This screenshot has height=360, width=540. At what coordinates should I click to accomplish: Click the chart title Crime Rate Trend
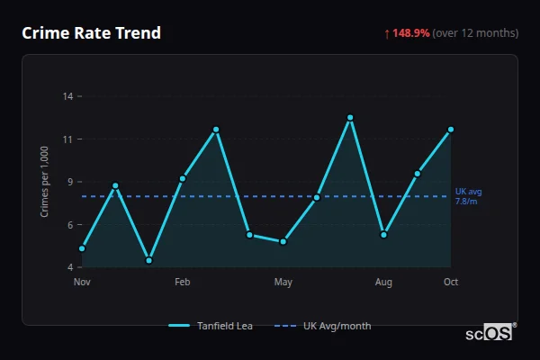(91, 33)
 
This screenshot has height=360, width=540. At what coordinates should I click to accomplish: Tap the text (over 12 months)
(475, 33)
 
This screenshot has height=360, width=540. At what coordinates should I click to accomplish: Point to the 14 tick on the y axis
(68, 96)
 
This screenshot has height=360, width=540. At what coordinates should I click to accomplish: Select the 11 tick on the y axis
(68, 139)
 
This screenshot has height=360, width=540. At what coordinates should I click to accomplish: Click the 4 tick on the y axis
(70, 267)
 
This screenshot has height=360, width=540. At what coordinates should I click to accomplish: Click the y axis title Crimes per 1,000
(45, 181)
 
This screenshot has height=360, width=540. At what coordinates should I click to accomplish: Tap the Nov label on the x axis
(82, 283)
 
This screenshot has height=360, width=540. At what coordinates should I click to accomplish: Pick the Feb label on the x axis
(183, 283)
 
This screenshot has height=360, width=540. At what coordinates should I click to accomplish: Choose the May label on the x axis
(283, 283)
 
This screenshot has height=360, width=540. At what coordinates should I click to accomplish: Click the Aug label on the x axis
(383, 283)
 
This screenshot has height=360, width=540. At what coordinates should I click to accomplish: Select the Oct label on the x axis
(451, 283)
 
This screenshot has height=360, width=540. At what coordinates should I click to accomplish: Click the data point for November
(82, 247)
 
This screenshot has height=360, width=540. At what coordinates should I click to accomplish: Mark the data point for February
(183, 178)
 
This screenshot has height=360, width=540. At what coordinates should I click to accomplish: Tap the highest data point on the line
(350, 117)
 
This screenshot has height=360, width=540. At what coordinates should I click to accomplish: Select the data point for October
(451, 130)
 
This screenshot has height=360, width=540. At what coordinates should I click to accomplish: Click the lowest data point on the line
(148, 260)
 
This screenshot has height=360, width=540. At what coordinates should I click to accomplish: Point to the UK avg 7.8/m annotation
(469, 196)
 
